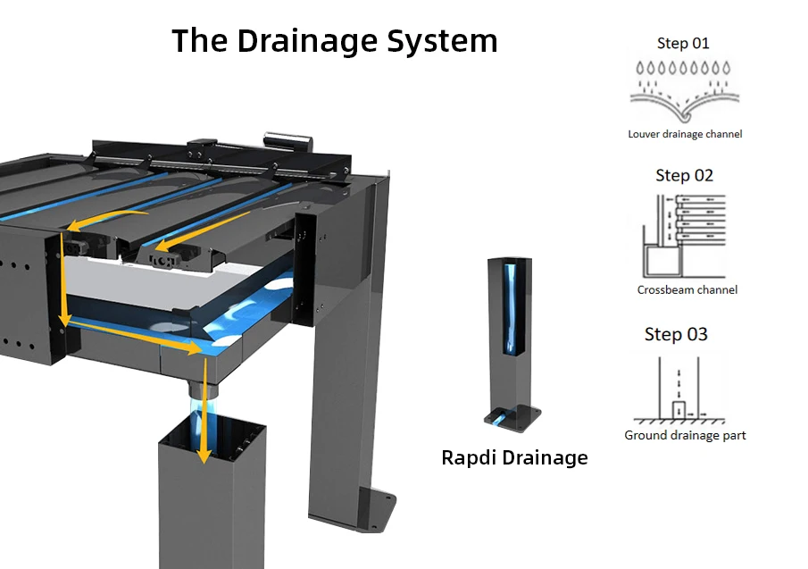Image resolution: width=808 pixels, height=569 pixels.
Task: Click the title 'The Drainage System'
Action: point(334,41)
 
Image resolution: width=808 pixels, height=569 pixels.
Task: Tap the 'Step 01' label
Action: point(683,43)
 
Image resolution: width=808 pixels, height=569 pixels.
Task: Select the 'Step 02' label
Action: point(685,175)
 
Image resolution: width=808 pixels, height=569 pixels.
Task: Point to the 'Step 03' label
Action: point(676,334)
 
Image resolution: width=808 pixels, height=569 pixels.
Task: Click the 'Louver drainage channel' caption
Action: point(685,134)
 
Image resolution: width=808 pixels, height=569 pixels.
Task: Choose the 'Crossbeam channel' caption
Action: point(687,289)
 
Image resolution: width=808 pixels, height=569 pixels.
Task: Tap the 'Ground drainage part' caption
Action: point(685,435)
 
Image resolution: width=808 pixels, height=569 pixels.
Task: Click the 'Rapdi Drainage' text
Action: point(514,458)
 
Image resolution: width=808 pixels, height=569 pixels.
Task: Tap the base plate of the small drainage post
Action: point(512,417)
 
